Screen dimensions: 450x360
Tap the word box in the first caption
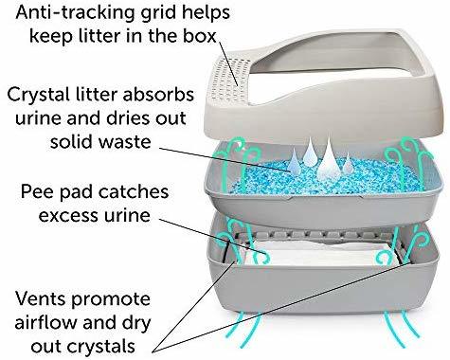[199, 36]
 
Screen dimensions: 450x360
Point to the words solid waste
[100, 141]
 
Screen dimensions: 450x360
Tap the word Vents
[42, 298]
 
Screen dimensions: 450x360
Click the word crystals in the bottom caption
[101, 347]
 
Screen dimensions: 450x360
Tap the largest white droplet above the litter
[328, 159]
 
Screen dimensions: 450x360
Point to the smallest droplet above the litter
[348, 163]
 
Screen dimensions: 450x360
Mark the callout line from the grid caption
[228, 63]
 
